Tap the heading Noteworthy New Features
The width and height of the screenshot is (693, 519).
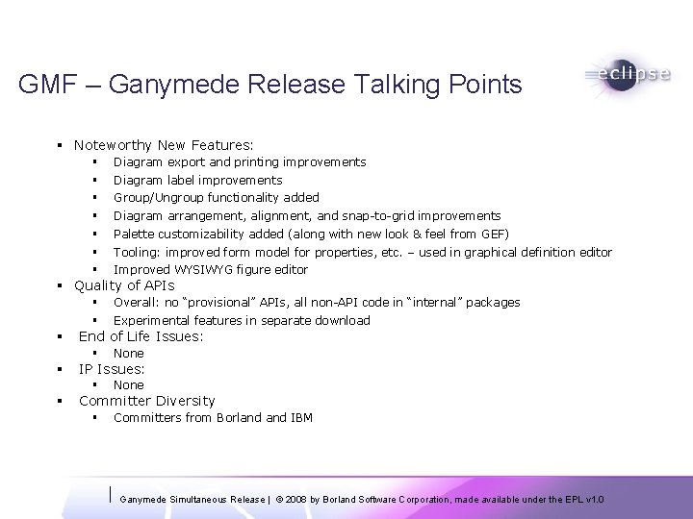coord(164,145)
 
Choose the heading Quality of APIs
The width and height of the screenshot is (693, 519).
coord(124,285)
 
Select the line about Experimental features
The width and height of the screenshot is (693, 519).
coord(242,320)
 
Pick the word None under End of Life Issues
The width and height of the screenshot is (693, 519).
coord(128,354)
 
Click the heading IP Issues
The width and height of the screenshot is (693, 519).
coord(112,369)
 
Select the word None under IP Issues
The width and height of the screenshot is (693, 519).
coord(128,385)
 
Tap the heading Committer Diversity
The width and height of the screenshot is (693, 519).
coord(146,401)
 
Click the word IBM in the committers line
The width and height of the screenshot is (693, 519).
coord(301,417)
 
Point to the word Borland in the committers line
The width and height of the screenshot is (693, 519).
coord(237,417)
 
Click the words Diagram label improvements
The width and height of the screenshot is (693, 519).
coord(197,180)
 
